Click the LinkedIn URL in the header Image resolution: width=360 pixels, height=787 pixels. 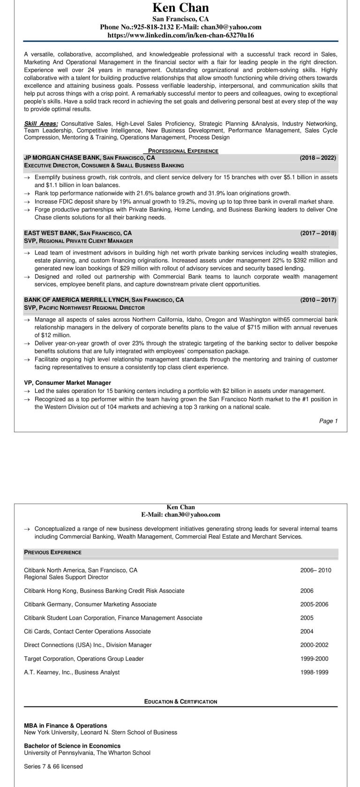coord(180,35)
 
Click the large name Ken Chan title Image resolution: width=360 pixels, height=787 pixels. coord(180,8)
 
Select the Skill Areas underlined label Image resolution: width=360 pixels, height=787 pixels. coord(41,124)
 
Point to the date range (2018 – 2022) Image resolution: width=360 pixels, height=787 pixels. coord(318,158)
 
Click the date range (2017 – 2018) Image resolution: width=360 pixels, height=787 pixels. coord(318,233)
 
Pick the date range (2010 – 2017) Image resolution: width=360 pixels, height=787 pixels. coord(318,300)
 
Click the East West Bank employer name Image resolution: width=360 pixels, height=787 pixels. coord(51,233)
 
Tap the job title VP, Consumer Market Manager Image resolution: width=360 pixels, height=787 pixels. coord(67,383)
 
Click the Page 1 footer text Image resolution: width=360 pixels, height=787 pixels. coord(328,421)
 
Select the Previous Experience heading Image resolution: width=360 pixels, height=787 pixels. coord(52,553)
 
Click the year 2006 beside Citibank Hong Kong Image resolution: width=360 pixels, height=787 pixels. coord(307,591)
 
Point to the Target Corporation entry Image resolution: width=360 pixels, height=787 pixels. coord(83,659)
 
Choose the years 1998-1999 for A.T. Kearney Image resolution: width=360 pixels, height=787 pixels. coord(314,672)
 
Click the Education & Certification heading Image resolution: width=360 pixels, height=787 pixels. coord(180,702)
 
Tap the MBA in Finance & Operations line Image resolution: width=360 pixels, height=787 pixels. coord(65,726)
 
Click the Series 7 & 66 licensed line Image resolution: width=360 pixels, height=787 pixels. coord(53,766)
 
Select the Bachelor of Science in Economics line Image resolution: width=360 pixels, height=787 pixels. coord(72,746)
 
